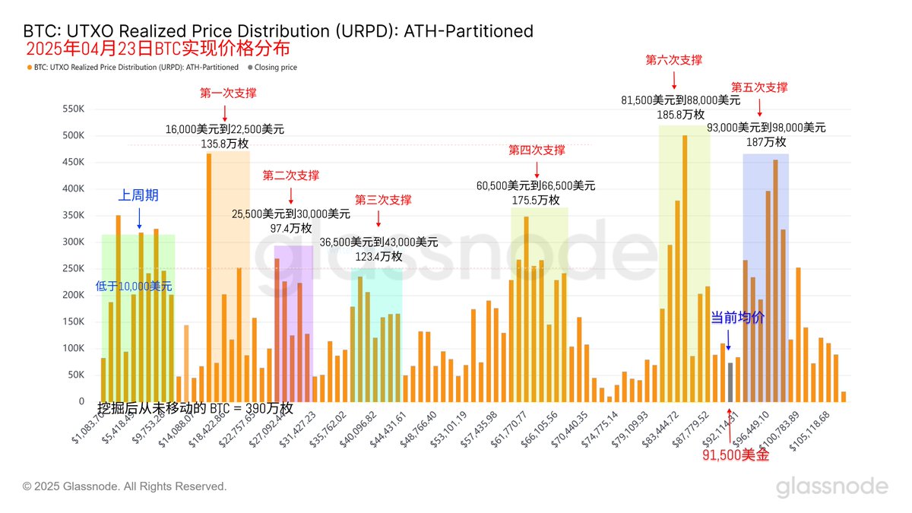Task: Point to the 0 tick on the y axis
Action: pos(81,401)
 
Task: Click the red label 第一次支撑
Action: pos(228,93)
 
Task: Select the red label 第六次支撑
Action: pos(673,59)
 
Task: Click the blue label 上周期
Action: pos(138,195)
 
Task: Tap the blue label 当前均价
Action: pos(737,318)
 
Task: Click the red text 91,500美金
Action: pos(735,456)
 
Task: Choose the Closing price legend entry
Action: pos(275,68)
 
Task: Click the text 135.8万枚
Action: pos(225,142)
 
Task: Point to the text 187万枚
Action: pos(766,142)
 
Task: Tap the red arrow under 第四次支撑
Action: pos(537,169)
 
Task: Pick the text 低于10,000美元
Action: pos(134,287)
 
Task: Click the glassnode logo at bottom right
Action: pos(831,487)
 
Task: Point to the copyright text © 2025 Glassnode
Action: pos(125,486)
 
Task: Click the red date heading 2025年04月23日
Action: pos(89,50)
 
